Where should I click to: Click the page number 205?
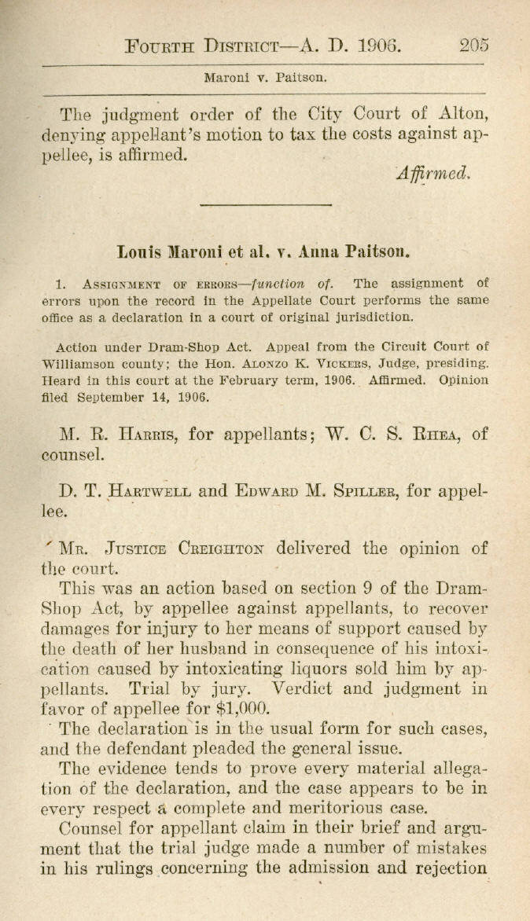pos(474,45)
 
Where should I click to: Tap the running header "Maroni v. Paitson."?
pos(265,78)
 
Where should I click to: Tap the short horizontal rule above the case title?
pos(265,205)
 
